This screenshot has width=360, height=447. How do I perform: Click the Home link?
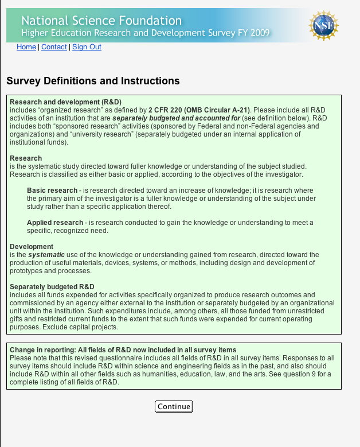(x=26, y=47)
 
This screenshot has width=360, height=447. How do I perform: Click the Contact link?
(x=54, y=47)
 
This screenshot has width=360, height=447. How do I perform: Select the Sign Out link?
(x=87, y=47)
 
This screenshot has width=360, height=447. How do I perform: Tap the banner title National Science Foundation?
(x=101, y=21)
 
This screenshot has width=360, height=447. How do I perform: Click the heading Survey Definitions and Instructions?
(x=93, y=81)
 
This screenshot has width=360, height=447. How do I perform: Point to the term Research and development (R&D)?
(x=65, y=102)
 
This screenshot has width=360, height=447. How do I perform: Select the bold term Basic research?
(x=52, y=190)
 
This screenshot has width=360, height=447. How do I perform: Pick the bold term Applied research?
(x=55, y=222)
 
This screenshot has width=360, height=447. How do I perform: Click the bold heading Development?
(x=32, y=247)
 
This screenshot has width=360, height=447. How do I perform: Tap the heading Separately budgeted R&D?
(x=52, y=287)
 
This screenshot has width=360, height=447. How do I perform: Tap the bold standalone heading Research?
(x=26, y=158)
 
